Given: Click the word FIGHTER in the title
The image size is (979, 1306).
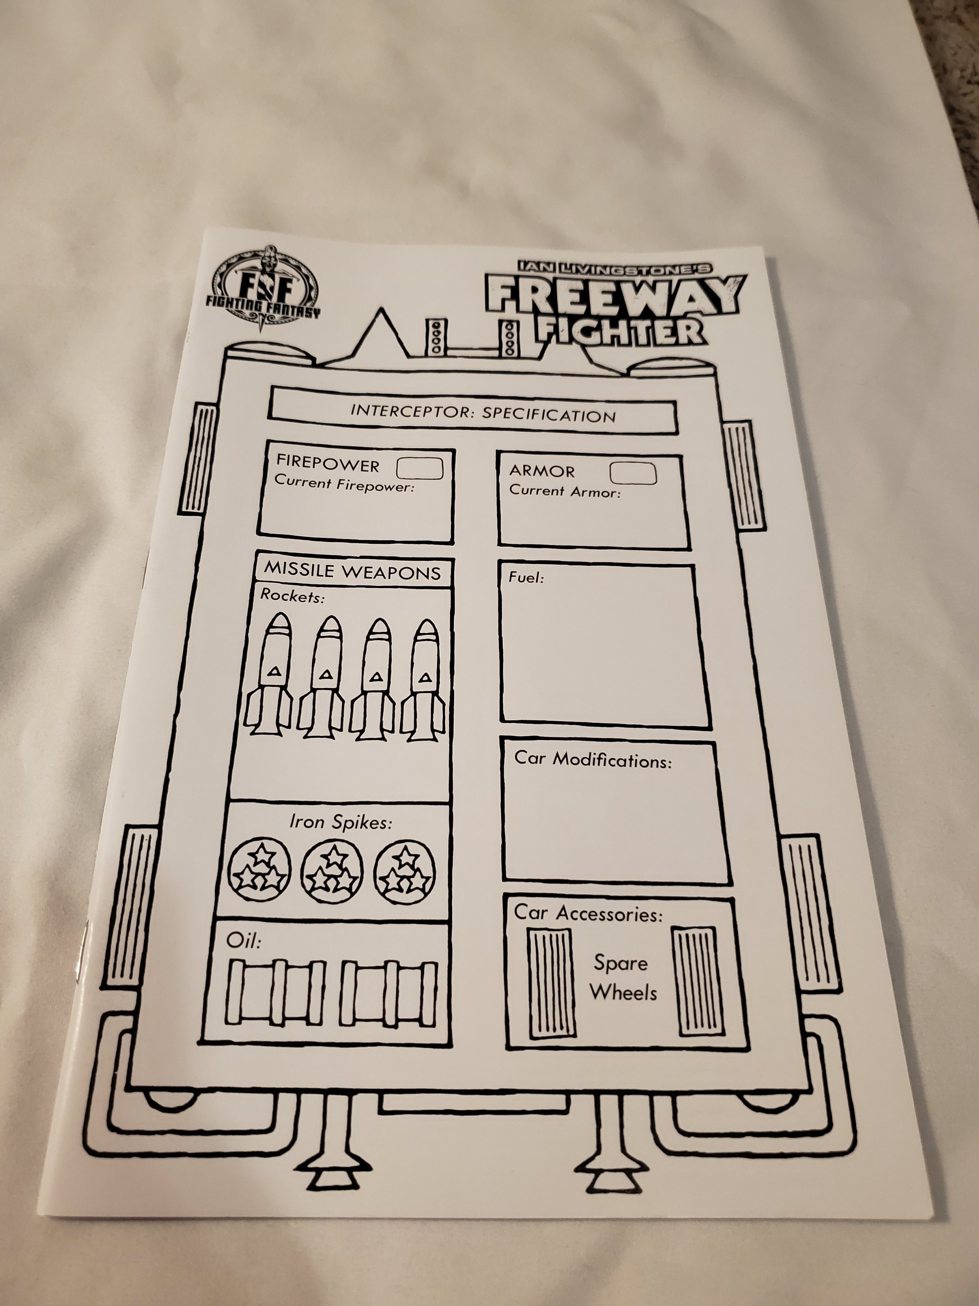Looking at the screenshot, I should [x=619, y=331].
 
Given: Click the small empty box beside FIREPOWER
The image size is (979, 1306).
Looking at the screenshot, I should [x=419, y=469].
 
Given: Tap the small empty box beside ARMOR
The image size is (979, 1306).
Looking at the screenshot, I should [x=632, y=473].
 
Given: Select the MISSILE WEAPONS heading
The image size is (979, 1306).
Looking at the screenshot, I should [x=352, y=572].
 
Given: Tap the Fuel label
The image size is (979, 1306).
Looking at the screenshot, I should [x=526, y=578].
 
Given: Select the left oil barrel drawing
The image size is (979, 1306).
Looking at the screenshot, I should [x=276, y=993].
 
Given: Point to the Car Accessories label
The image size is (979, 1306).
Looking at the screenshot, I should [x=588, y=913].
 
